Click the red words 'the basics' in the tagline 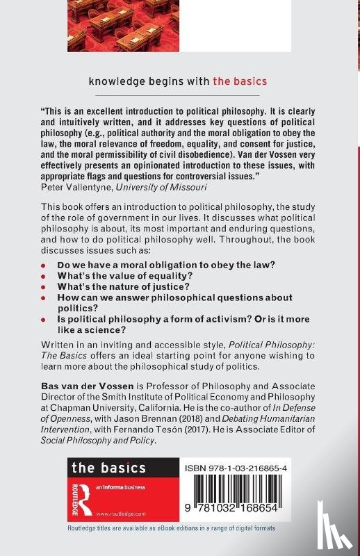pyautogui.click(x=241, y=81)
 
